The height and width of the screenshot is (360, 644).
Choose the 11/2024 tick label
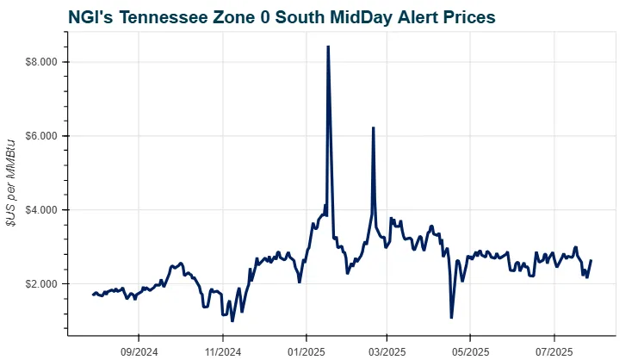coord(222,351)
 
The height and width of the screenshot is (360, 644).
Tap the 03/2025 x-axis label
coord(387,351)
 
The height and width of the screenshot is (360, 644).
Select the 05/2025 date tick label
coord(470,351)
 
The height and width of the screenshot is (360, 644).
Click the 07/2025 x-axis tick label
coord(554,351)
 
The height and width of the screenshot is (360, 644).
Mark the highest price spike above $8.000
coord(328,47)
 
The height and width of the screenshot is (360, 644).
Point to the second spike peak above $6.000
coord(373,127)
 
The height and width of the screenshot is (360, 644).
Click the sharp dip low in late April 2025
coord(451,318)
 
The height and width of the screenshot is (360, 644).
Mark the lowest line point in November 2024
coord(232,320)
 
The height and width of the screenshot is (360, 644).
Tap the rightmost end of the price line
coord(591,261)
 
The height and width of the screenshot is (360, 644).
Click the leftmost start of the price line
coord(93,295)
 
